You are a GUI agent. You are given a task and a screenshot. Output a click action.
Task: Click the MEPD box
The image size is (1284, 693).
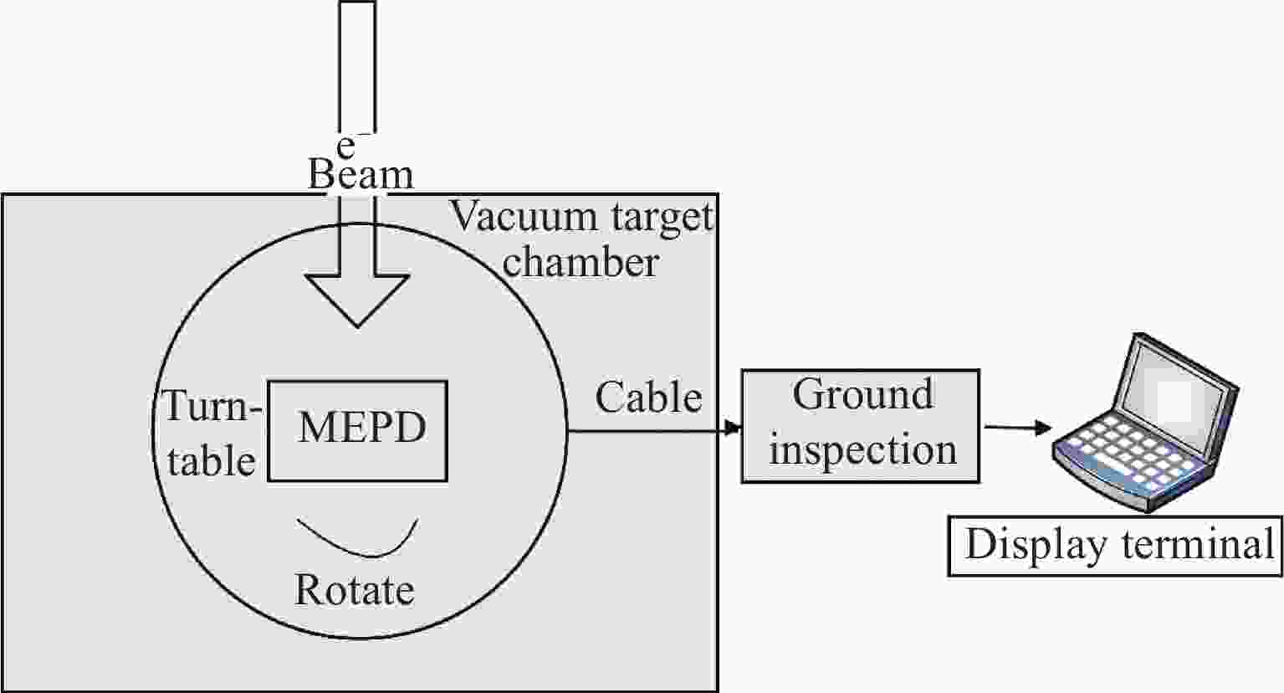point(358,431)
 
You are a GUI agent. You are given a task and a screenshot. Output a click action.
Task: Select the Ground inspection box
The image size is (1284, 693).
point(861,427)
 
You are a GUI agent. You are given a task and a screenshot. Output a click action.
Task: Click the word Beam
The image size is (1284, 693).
point(361,176)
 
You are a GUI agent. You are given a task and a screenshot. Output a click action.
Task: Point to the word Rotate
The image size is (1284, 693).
point(355,590)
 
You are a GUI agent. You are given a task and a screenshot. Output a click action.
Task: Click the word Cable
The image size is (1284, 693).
point(648,398)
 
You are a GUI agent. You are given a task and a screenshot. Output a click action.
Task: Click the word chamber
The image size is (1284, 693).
point(581,263)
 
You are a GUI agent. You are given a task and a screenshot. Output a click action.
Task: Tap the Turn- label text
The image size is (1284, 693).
point(212,408)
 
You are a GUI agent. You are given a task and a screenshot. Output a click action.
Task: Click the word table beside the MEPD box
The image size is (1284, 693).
point(211,462)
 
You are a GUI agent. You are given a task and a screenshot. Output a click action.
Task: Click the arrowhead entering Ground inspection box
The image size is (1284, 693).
point(734,429)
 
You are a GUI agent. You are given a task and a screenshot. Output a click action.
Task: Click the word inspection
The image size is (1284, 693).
point(862,450)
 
